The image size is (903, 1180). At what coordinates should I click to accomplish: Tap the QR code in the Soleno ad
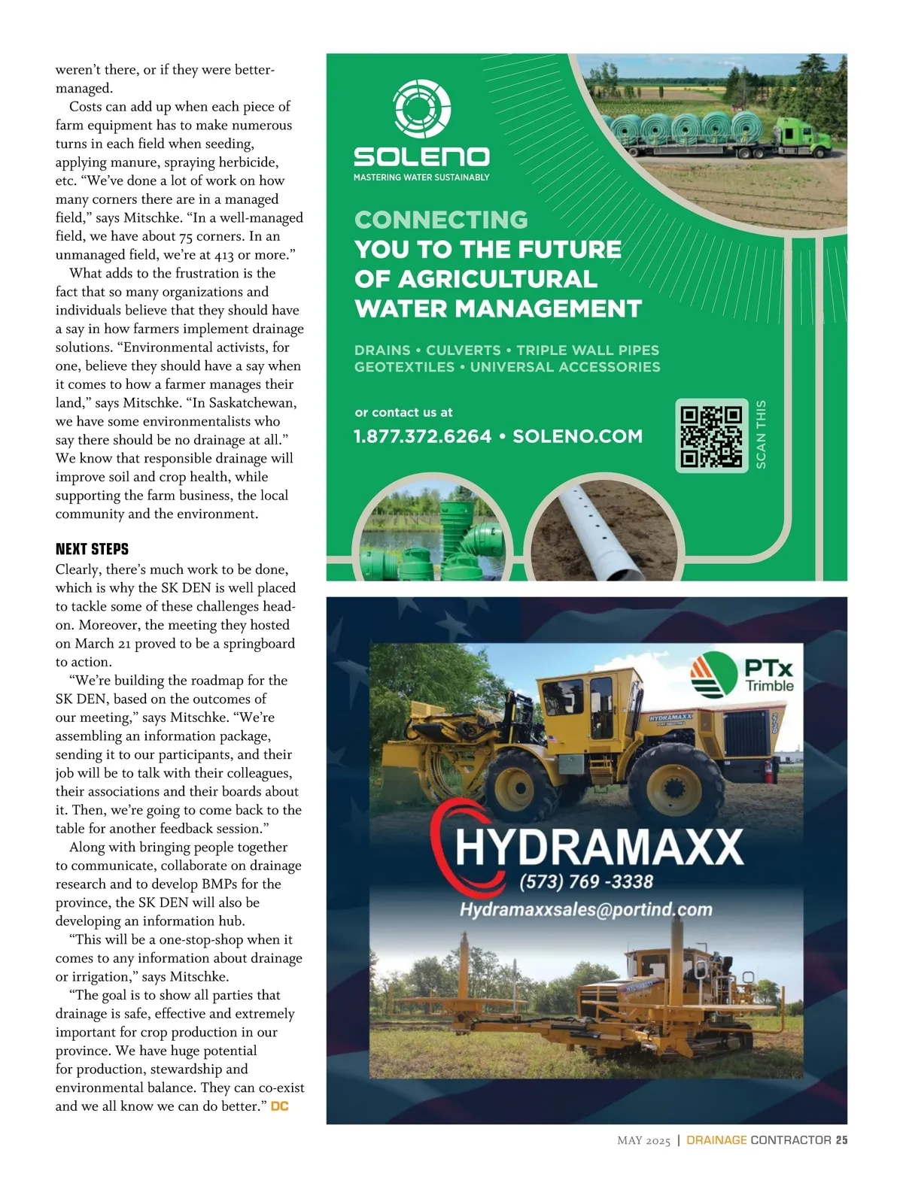pos(711,435)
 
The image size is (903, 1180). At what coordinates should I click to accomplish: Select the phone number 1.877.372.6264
pos(422,436)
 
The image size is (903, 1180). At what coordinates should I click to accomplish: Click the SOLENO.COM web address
pos(577,436)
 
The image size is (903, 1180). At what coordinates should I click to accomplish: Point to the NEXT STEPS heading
pos(92,549)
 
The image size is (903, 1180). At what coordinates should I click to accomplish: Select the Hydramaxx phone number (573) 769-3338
pos(586,881)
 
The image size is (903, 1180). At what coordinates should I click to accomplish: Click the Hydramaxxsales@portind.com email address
pos(585,909)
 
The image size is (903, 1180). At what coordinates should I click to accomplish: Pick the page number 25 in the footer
pos(841,1140)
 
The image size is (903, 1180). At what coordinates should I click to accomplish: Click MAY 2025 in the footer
pos(643,1141)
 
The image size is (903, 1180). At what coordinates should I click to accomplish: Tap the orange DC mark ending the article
pos(280,1106)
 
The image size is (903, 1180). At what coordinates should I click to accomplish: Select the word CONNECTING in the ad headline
pos(441,220)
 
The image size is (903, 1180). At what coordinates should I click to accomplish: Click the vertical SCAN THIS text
pos(761,435)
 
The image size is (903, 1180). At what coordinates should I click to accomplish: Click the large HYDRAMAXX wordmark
pos(598,846)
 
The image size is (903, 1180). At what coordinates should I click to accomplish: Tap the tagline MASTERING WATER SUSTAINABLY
pos(421,177)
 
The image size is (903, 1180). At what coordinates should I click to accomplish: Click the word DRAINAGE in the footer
pos(716,1140)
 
